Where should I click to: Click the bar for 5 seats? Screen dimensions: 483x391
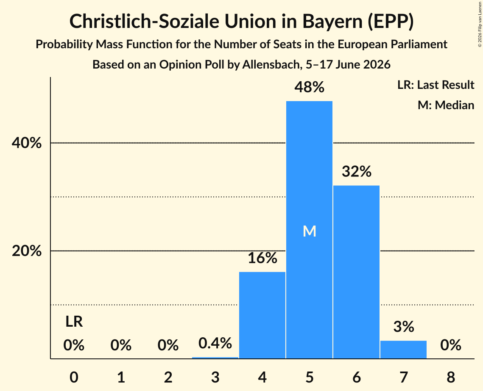point(309,230)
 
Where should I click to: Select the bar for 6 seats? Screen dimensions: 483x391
point(356,272)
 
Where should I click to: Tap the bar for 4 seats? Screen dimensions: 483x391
point(262,315)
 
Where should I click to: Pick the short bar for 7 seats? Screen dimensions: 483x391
point(404,350)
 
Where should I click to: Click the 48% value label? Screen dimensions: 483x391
point(309,87)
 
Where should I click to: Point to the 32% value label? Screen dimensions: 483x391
point(356,171)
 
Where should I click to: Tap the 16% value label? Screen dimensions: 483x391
point(262,258)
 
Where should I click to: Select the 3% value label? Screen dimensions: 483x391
point(404,326)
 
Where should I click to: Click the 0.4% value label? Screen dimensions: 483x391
point(215,343)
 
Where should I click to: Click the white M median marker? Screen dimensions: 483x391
point(309,231)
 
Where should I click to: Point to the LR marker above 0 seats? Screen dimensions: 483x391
point(74,322)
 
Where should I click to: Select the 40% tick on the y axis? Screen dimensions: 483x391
point(26,143)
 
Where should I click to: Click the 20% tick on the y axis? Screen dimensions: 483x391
point(26,251)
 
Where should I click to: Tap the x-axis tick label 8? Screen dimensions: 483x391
point(451,377)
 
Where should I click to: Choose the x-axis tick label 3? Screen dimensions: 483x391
point(215,377)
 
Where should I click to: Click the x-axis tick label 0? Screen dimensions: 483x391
point(74,377)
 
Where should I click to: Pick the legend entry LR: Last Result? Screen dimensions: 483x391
point(436,85)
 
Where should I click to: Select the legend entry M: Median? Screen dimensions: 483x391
point(446,105)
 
